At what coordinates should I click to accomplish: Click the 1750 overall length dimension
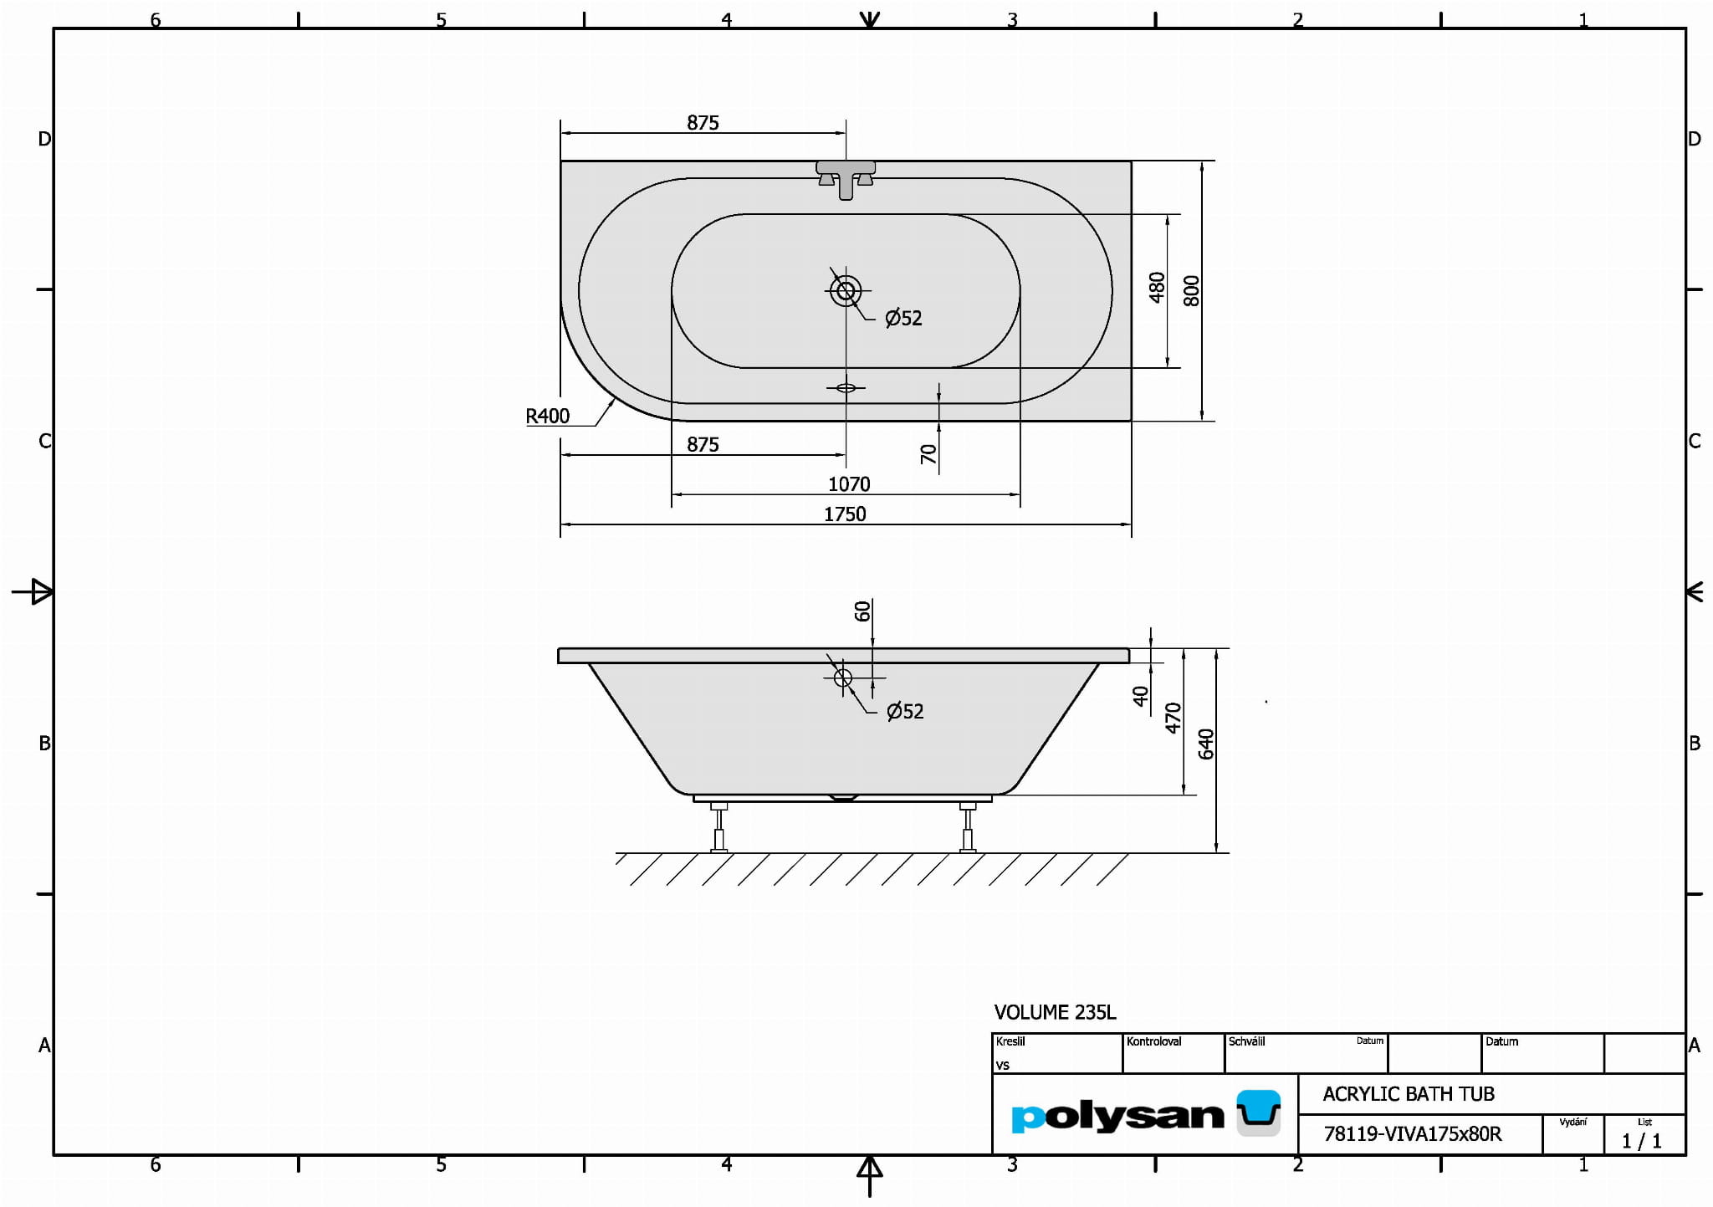tap(845, 514)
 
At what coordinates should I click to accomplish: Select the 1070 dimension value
tap(849, 483)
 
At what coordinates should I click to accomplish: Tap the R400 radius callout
tap(547, 416)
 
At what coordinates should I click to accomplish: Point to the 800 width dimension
tap(1192, 290)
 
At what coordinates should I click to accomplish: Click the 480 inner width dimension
tap(1157, 287)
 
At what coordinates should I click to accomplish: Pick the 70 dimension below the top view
tap(928, 454)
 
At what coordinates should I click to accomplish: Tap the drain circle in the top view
tap(846, 291)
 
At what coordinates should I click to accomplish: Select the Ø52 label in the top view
tap(903, 318)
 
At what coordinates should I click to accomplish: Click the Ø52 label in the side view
tap(905, 711)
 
